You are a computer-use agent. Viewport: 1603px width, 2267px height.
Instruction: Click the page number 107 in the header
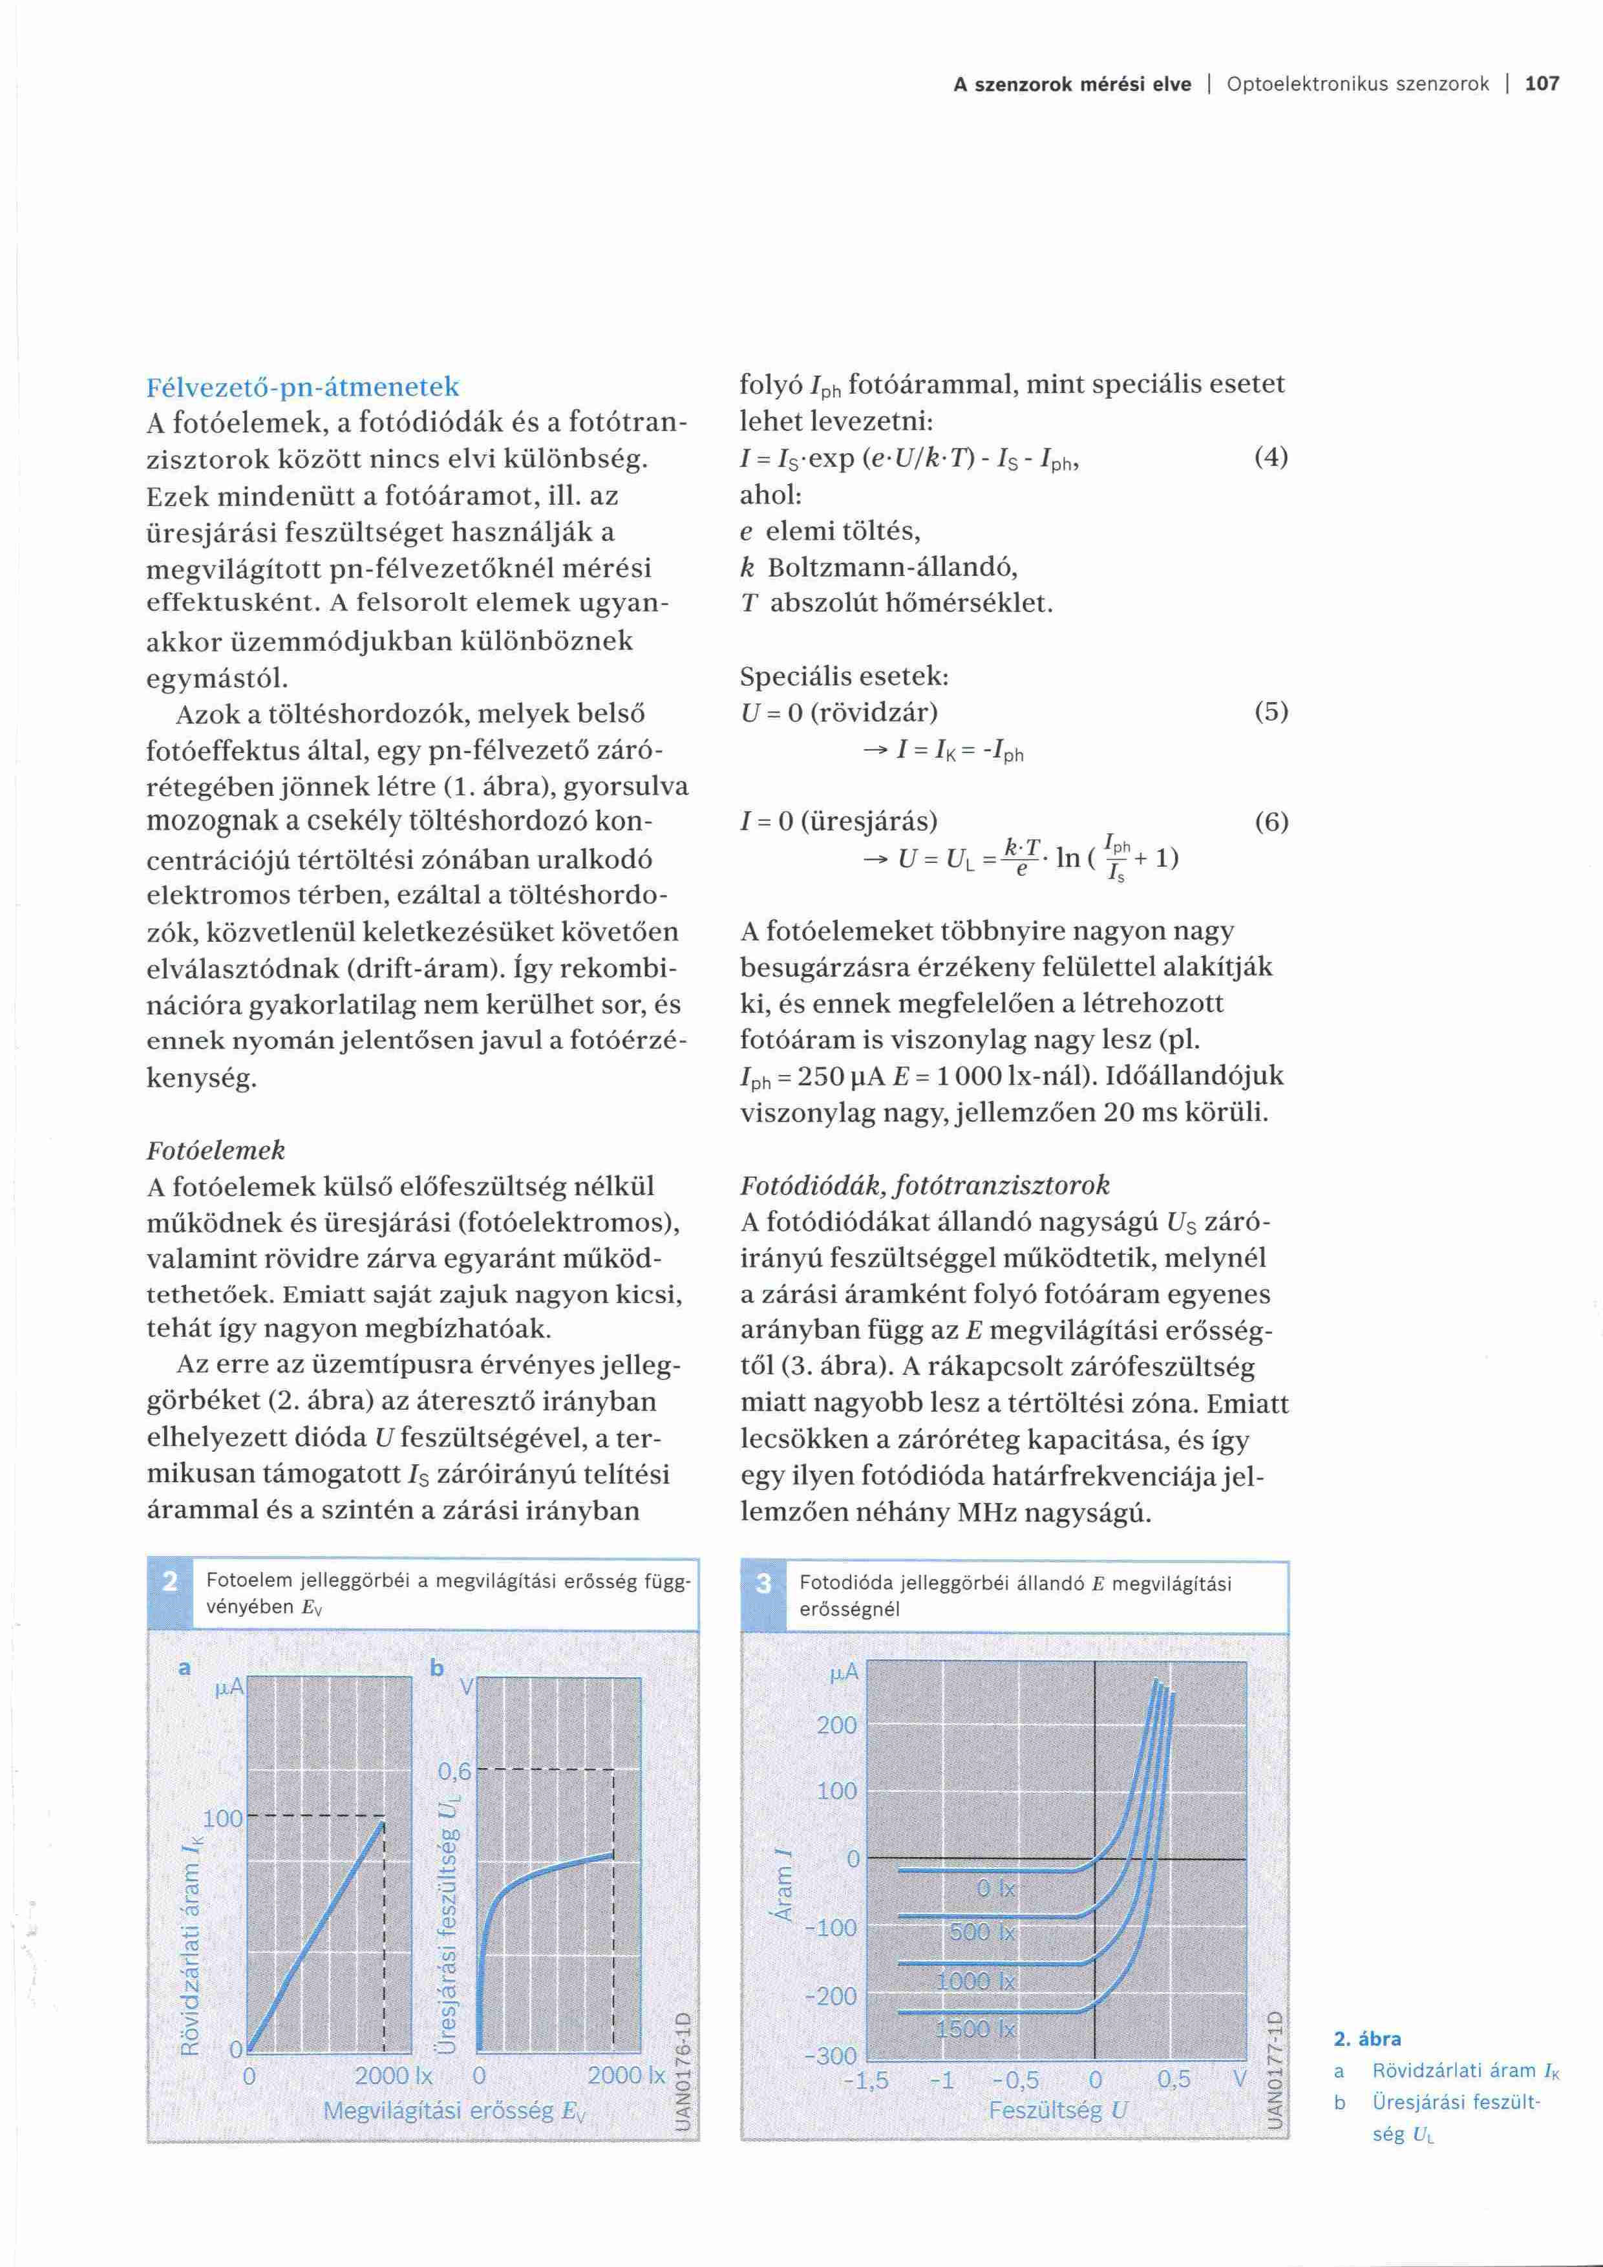(1542, 84)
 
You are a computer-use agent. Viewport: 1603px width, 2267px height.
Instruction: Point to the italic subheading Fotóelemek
(215, 1150)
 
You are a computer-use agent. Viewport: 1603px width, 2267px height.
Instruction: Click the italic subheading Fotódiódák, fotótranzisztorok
(925, 1185)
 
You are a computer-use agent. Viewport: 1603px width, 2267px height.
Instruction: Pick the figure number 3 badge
(763, 1584)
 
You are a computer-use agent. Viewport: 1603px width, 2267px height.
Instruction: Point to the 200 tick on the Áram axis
(837, 1725)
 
